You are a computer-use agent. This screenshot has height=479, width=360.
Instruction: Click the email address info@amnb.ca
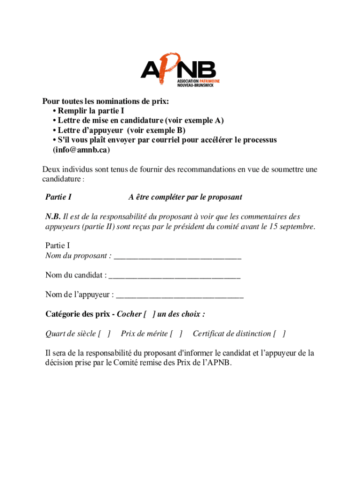tap(82, 150)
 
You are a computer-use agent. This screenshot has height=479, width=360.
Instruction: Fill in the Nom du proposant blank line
tap(178, 256)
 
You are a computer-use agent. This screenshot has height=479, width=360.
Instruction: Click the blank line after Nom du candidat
tap(174, 276)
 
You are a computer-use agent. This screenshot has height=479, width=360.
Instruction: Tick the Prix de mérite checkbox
tap(176, 334)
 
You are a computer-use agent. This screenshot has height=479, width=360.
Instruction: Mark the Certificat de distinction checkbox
tap(280, 334)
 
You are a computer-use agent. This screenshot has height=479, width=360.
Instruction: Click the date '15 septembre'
tap(292, 227)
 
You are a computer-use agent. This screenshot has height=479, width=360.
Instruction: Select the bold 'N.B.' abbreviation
tap(53, 217)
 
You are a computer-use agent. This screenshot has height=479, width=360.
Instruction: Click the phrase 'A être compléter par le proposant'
tap(185, 197)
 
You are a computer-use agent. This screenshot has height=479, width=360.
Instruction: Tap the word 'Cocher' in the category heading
tap(129, 314)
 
